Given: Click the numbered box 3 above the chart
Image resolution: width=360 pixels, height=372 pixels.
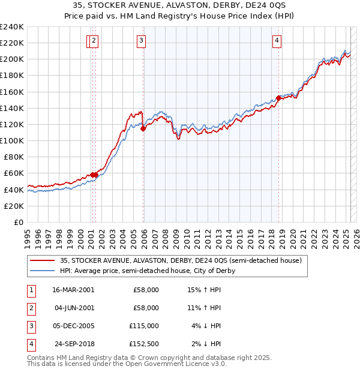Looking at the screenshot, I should pos(141,41).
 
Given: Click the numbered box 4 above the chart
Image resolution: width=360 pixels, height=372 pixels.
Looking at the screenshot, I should pos(277,41).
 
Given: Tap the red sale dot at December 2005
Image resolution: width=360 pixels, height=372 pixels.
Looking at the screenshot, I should pos(143,128).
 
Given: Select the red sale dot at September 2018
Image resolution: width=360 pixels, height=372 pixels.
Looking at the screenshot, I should pos(279,98).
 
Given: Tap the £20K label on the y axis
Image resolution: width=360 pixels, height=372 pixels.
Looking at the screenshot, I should pos(14,206).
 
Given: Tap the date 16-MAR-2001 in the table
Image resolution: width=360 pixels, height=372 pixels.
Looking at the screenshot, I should pos(73,290).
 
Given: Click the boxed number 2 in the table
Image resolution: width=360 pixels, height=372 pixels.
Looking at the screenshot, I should pos(30,308).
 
